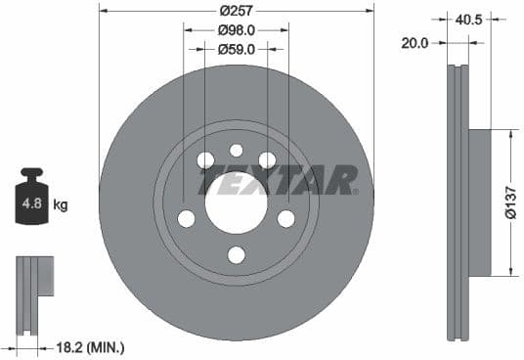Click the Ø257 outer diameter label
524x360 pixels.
(236, 11)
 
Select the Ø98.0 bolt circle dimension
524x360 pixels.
(236, 29)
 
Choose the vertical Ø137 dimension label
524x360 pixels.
(509, 202)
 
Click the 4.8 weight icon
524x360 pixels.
(31, 202)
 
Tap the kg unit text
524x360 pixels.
(61, 205)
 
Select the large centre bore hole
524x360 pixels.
(236, 202)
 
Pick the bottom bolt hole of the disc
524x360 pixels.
(236, 255)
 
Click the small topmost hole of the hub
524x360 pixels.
(236, 150)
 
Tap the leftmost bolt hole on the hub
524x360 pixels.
(186, 218)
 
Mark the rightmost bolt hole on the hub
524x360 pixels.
(285, 218)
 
